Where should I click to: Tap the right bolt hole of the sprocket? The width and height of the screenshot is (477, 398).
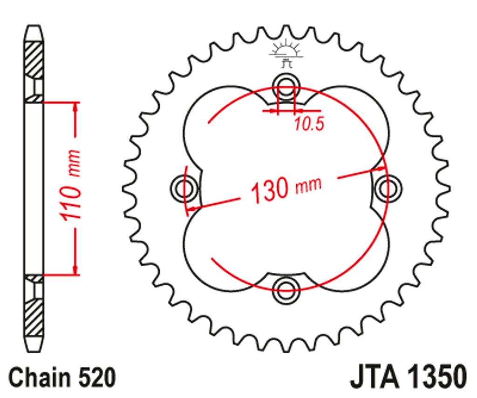pos(388,188)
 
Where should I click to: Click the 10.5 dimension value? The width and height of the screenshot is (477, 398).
pos(309,124)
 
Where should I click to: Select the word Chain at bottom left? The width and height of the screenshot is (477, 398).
pos(39,378)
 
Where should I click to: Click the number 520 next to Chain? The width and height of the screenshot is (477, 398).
pos(97,378)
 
